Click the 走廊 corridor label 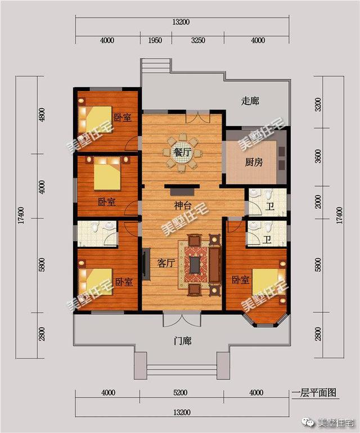tap(250, 101)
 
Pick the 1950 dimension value tap(155, 40)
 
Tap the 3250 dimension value tap(198, 40)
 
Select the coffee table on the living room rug tap(195, 263)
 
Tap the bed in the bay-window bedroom tap(266, 284)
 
